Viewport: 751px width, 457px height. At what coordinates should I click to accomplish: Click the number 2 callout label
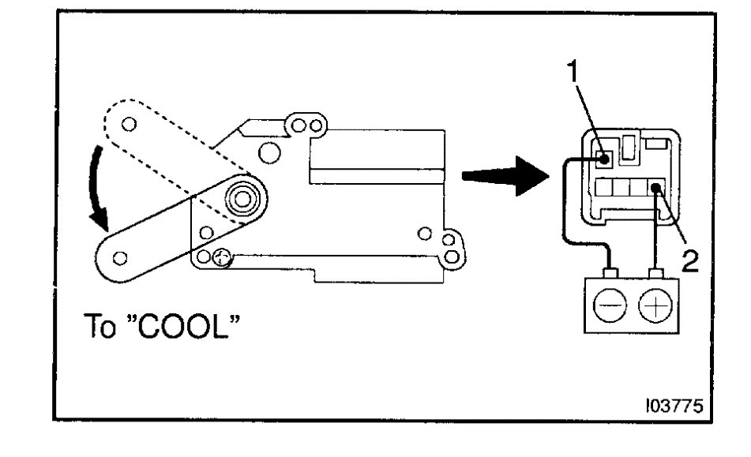pyautogui.click(x=689, y=261)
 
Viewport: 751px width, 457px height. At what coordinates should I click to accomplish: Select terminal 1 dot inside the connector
pyautogui.click(x=603, y=158)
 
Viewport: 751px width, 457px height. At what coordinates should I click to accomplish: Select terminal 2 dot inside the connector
pyautogui.click(x=657, y=188)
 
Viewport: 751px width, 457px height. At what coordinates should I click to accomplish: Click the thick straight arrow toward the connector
pyautogui.click(x=502, y=175)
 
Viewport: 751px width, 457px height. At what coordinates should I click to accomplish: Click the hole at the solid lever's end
pyautogui.click(x=121, y=257)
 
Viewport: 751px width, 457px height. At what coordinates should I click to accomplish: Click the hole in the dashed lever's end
pyautogui.click(x=130, y=123)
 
